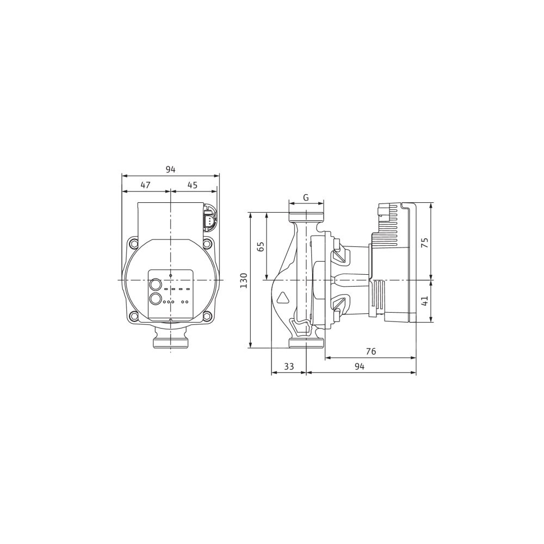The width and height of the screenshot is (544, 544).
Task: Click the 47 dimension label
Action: point(145,186)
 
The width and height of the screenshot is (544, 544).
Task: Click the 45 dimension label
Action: point(192,186)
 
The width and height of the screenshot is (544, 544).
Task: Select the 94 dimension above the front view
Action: point(170,170)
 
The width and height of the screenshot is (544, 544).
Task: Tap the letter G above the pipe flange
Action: point(306,197)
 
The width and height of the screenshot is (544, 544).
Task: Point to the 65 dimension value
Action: point(261,246)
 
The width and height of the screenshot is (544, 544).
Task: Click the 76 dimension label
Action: point(371,351)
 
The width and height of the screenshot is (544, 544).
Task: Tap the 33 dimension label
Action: point(289,366)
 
